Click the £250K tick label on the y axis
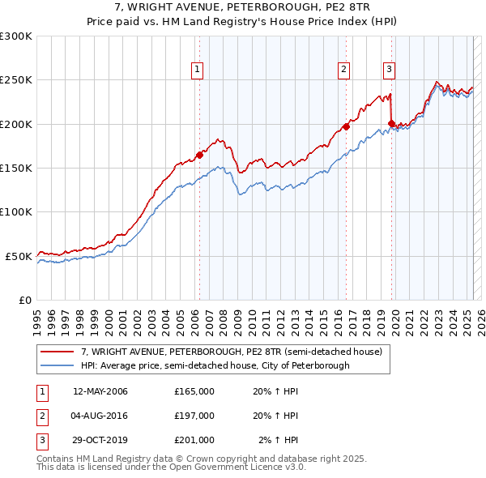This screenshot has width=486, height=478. point(16,80)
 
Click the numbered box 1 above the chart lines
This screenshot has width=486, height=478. point(198,70)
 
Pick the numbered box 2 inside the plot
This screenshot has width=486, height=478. point(344,70)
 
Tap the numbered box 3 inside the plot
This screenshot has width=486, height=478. point(390,70)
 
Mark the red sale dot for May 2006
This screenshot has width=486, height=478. point(199,155)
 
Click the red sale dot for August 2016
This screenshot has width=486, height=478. point(346,126)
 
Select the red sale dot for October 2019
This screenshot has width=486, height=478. point(391,123)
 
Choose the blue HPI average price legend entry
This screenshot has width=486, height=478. point(215,365)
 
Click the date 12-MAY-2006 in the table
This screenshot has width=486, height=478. point(100,391)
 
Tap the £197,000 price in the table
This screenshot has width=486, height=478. point(194,416)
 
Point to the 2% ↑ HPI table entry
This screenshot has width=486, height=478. point(279,440)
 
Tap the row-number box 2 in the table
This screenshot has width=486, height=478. point(40,416)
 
